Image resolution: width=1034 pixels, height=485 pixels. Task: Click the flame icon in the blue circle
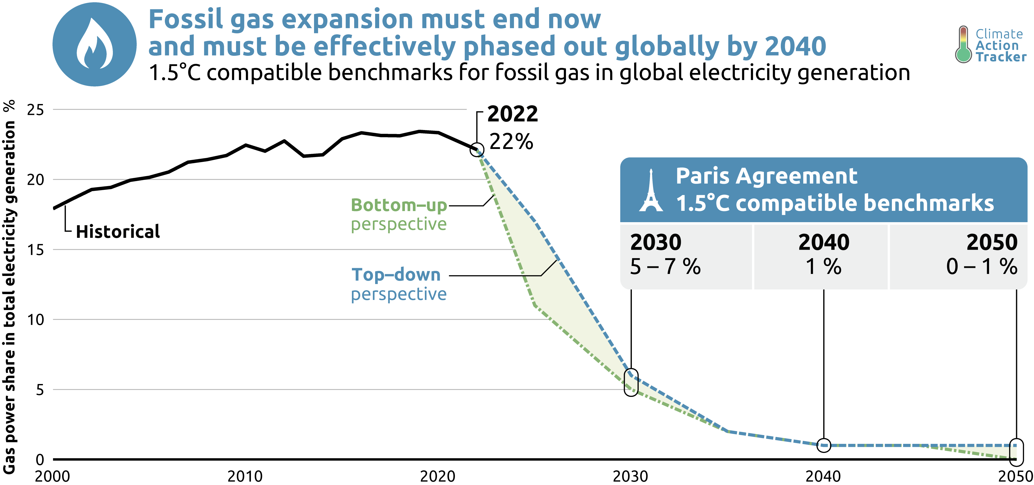click(95, 44)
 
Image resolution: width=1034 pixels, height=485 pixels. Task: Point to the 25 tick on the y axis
click(35, 110)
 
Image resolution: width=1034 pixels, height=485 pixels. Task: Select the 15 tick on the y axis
click(35, 250)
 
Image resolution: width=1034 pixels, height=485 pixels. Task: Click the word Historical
click(118, 232)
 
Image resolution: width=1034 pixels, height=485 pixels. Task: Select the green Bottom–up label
click(399, 205)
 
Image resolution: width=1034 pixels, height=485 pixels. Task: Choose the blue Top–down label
click(396, 275)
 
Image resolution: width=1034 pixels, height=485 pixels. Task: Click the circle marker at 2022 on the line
click(477, 150)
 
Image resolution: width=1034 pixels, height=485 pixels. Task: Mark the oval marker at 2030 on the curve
click(631, 382)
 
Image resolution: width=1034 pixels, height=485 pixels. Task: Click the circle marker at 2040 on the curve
click(824, 445)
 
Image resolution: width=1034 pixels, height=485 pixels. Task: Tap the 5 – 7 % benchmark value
click(665, 267)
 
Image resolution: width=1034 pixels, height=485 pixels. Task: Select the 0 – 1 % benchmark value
click(981, 267)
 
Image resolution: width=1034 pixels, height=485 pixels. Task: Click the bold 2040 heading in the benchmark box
click(824, 242)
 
